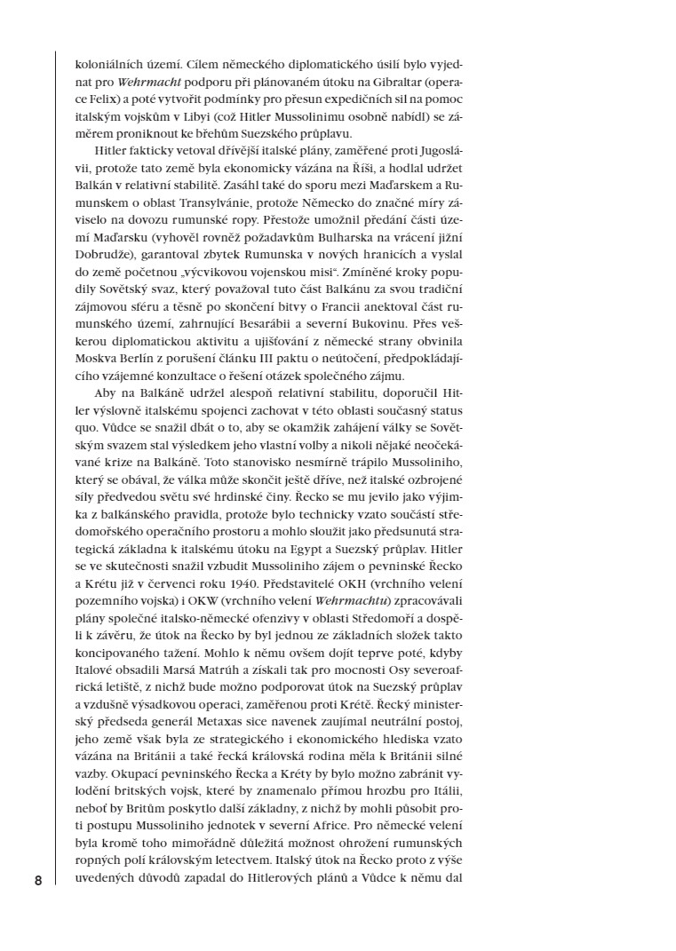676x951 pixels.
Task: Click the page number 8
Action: [37, 880]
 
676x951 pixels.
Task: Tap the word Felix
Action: [100, 99]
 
